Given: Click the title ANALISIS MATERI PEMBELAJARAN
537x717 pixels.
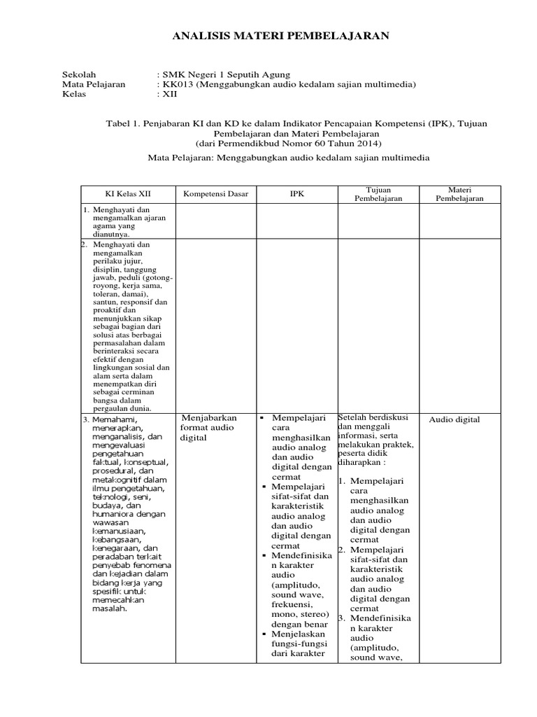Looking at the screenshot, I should [x=280, y=36].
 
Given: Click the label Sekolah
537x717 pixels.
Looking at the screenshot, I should [x=79, y=74].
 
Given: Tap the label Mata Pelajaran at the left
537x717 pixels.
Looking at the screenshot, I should [x=94, y=84].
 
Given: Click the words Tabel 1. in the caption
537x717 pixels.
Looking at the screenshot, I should [x=122, y=123].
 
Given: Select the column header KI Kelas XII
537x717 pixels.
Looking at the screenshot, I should [x=127, y=194].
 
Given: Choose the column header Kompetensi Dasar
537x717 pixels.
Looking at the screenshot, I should [x=215, y=194].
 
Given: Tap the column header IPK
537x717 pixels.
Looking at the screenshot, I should [x=297, y=194].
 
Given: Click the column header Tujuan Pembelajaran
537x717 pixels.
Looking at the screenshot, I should [x=378, y=194].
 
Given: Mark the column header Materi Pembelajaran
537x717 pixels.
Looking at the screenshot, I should [x=459, y=194].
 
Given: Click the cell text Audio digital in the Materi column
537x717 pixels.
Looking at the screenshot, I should [x=454, y=419].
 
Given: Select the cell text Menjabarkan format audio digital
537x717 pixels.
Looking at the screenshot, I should [x=207, y=428].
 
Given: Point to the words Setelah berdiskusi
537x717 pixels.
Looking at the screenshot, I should [x=371, y=417].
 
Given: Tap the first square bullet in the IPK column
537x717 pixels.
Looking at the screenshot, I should [x=261, y=419].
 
